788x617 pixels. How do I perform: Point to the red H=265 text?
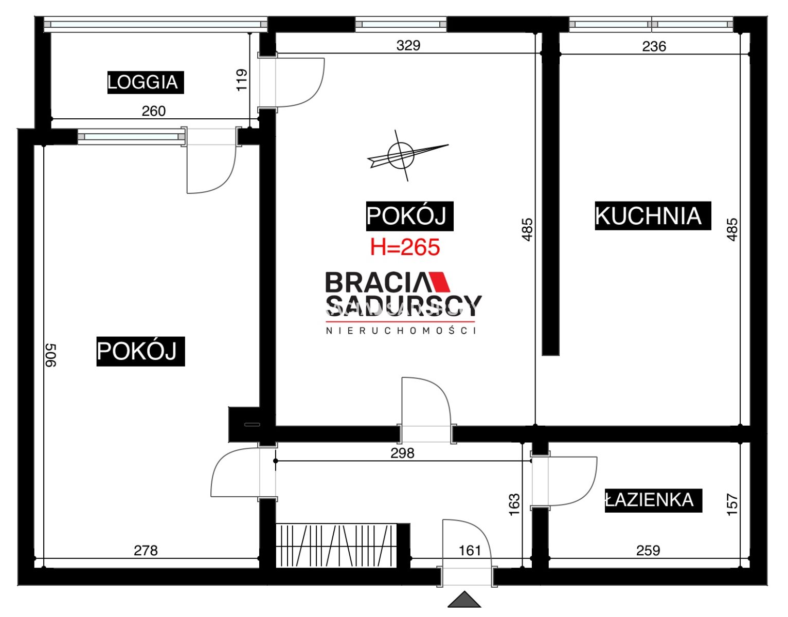[405, 247]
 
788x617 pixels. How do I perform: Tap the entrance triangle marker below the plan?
[464, 599]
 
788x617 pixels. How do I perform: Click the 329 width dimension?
[408, 45]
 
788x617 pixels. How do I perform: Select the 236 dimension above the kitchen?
[654, 46]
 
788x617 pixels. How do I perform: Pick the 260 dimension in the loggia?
[153, 111]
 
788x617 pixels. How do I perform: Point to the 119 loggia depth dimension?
[242, 80]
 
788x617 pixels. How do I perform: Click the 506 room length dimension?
[51, 355]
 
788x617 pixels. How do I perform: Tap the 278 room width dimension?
[146, 551]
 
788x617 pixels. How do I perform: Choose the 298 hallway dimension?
[403, 453]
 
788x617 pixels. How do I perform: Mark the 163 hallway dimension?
[514, 504]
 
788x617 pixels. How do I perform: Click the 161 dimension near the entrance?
[470, 551]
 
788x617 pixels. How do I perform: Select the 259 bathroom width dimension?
[649, 551]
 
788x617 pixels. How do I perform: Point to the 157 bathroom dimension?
[732, 504]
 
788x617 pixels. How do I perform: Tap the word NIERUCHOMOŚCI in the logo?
[401, 331]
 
